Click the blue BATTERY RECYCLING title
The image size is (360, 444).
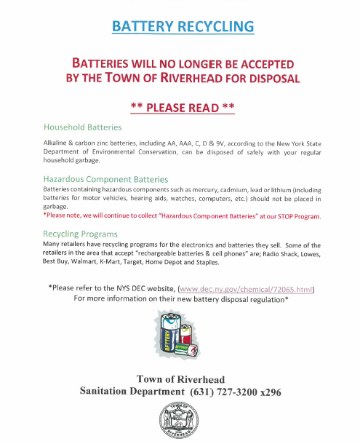183,27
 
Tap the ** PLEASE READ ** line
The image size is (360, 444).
182,108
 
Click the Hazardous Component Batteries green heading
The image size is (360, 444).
106,178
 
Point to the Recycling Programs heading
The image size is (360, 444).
81,234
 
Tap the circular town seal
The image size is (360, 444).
180,421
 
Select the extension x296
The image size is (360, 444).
270,392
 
